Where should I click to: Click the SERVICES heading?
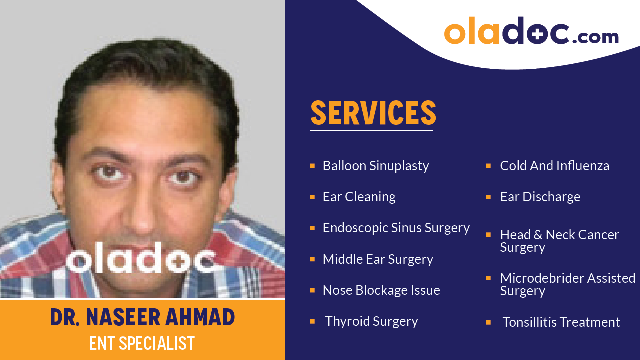[373, 113]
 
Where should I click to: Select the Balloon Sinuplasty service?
[375, 166]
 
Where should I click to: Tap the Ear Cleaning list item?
[359, 197]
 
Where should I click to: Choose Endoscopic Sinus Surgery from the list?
[396, 228]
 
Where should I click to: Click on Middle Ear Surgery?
[377, 259]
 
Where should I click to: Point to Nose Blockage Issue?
[381, 290]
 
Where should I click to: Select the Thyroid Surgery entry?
[371, 321]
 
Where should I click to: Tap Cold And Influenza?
[554, 166]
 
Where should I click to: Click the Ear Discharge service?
[540, 197]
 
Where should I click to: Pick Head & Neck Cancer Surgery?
[559, 241]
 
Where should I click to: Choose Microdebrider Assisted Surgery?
[567, 284]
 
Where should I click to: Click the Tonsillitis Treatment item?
[561, 322]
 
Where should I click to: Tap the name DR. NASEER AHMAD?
[142, 318]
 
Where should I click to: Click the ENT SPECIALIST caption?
[142, 344]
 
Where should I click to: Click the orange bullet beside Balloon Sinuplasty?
[312, 165]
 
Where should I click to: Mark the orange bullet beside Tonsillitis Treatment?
[488, 322]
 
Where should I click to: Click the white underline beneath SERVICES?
[371, 130]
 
